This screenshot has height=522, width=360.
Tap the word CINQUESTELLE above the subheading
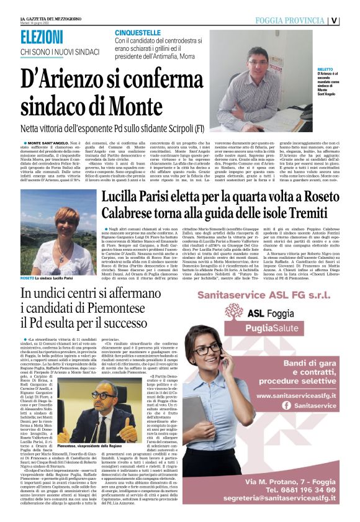coord(137,32)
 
